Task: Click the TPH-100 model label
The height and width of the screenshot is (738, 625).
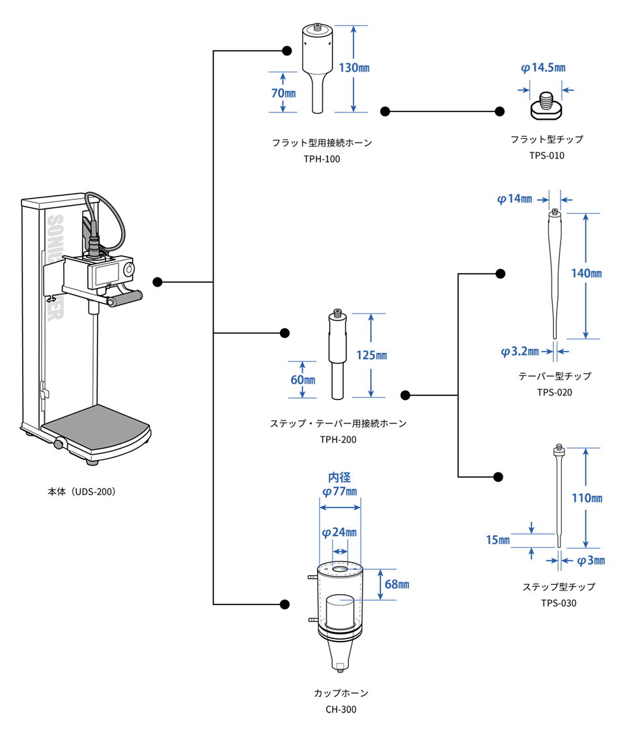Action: [322, 159]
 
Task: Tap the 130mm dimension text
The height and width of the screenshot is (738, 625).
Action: [354, 68]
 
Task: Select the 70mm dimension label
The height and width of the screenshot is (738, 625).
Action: [284, 93]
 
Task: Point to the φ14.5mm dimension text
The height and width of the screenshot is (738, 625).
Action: [543, 68]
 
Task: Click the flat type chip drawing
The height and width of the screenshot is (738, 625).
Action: [546, 106]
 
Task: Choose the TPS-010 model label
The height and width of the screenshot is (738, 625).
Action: [546, 156]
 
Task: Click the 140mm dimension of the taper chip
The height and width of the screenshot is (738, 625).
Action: [587, 274]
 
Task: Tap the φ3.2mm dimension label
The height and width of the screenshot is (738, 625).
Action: [520, 352]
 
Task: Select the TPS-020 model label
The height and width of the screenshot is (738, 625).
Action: [555, 393]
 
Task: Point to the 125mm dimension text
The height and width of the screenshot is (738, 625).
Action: [372, 356]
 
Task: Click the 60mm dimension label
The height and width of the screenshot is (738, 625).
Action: [303, 380]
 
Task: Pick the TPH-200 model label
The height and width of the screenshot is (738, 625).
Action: [338, 440]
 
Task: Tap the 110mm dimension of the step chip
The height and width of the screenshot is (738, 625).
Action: [587, 498]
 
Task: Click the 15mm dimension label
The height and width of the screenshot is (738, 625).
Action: [497, 540]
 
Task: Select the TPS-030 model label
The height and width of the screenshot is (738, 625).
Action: [559, 603]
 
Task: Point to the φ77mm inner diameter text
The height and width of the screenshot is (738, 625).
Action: [340, 492]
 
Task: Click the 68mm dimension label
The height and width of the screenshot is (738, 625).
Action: [397, 584]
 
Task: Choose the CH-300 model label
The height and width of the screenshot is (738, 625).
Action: [341, 709]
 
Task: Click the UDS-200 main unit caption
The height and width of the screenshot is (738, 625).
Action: [82, 492]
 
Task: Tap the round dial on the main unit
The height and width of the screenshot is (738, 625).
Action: [128, 270]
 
